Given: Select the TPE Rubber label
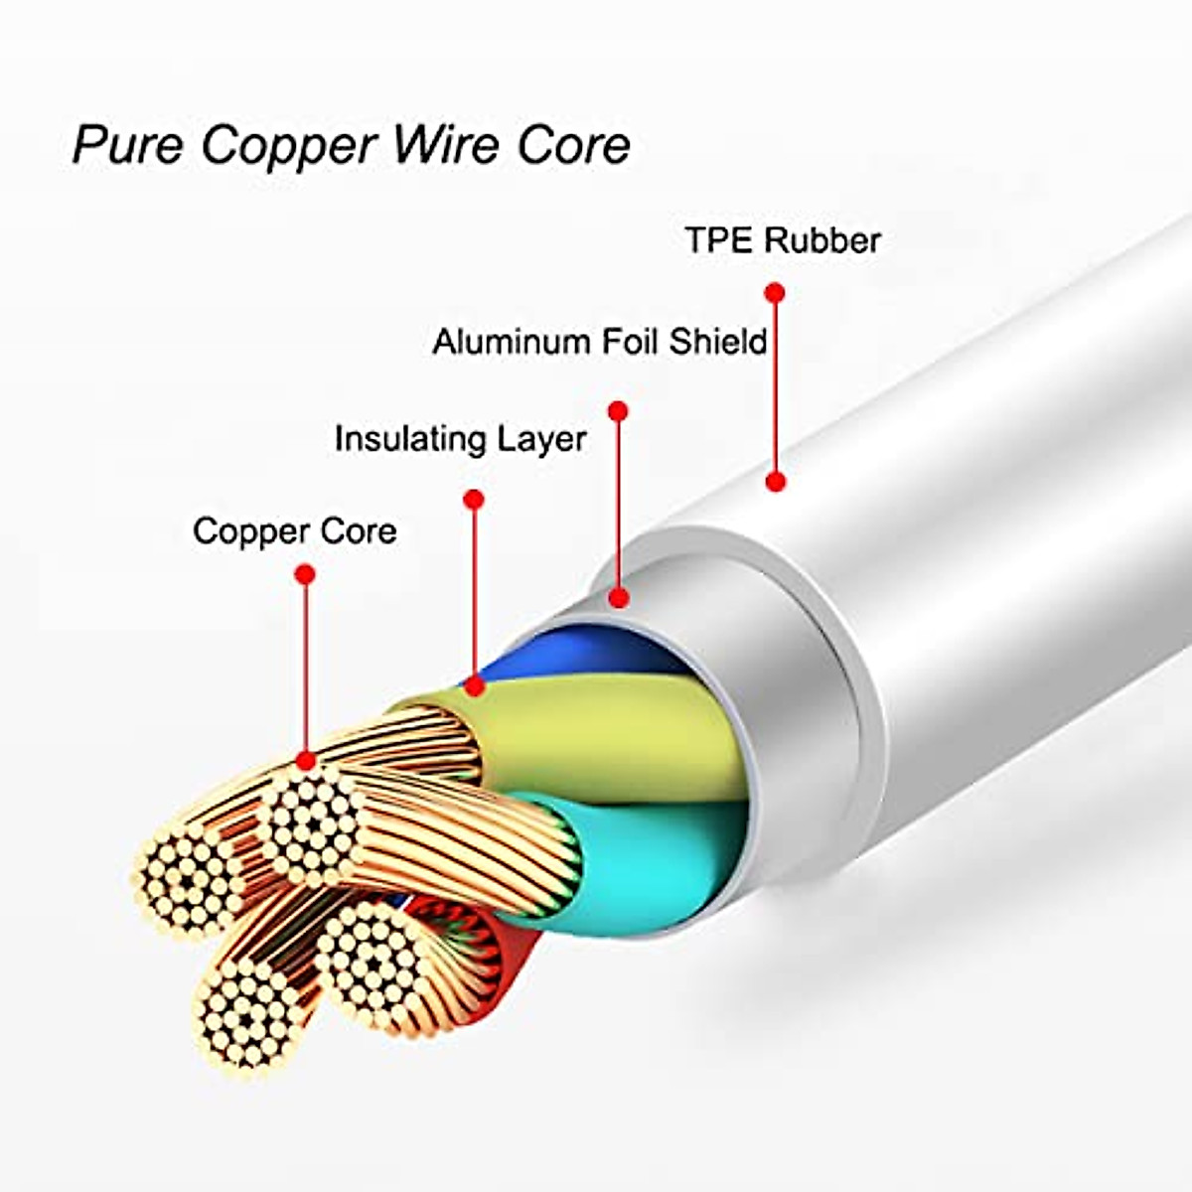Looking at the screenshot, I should (x=783, y=240).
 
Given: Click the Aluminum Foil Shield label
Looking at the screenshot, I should (x=600, y=342).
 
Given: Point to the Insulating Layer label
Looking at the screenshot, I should (x=460, y=439).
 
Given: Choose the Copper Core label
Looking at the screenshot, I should (x=294, y=530).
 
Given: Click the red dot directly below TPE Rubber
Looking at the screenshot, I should (x=776, y=292).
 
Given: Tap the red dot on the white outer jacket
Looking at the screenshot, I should (x=776, y=482).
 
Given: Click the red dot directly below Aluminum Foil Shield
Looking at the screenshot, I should (x=618, y=410).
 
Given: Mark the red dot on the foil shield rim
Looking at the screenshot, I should (x=618, y=598).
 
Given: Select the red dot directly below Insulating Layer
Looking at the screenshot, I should (x=474, y=499).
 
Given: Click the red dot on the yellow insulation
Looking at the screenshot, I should (x=475, y=684).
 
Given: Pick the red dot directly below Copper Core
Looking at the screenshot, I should (x=305, y=574).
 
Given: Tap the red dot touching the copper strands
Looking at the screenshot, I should (x=306, y=761).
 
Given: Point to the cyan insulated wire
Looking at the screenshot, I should (x=646, y=854).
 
